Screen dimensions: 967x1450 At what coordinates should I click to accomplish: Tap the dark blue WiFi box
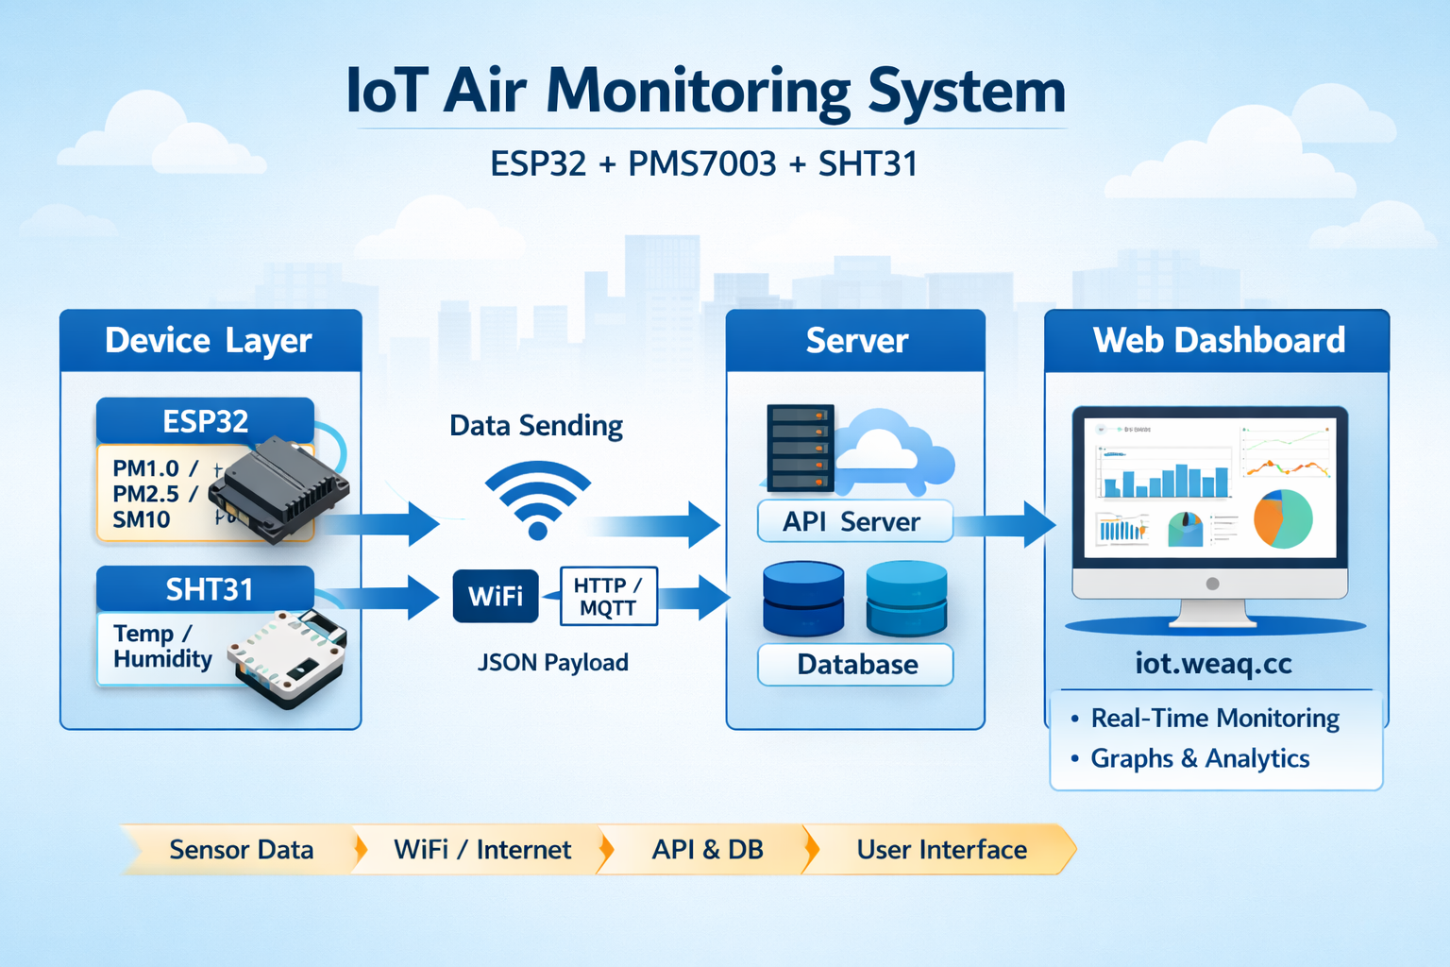click(x=496, y=596)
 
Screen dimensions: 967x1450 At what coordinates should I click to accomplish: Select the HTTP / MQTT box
click(x=608, y=596)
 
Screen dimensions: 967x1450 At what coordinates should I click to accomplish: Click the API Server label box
click(x=854, y=521)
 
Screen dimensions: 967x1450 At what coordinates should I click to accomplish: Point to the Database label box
click(x=855, y=665)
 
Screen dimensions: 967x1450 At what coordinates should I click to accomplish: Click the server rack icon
click(x=800, y=448)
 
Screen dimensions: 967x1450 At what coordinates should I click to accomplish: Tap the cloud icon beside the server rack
click(x=892, y=451)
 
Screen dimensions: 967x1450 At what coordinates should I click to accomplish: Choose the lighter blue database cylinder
click(x=906, y=598)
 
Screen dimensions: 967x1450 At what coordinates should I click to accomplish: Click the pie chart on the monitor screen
click(x=1283, y=518)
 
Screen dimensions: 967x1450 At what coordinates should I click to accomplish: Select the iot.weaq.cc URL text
click(x=1213, y=664)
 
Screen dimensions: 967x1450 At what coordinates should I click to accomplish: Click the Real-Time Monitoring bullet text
click(x=1215, y=719)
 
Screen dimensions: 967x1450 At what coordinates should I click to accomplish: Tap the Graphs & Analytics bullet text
click(x=1200, y=758)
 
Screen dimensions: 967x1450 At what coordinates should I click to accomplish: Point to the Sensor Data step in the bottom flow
click(x=241, y=850)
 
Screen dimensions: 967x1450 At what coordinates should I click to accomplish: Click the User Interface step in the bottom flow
click(x=941, y=850)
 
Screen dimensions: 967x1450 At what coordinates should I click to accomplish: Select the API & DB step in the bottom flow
click(x=707, y=850)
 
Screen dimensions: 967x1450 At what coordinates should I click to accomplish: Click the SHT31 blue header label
click(x=209, y=589)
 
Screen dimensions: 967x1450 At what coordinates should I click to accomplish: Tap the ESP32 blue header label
click(x=205, y=421)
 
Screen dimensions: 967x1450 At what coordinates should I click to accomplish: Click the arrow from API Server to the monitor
click(x=1006, y=523)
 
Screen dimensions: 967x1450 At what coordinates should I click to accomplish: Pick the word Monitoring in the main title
click(x=698, y=93)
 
